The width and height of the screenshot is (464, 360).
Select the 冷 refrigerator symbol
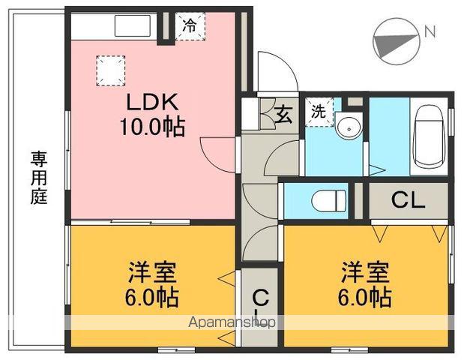coord(190,26)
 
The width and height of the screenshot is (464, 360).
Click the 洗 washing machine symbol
coord(319,113)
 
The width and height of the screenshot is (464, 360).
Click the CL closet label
coord(409,200)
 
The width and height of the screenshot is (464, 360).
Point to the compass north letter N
coord(430,31)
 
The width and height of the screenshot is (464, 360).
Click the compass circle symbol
coord(395,41)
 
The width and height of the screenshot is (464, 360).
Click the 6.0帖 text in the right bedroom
coord(365,298)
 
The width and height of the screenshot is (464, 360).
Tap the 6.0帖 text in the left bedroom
coord(151,298)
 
